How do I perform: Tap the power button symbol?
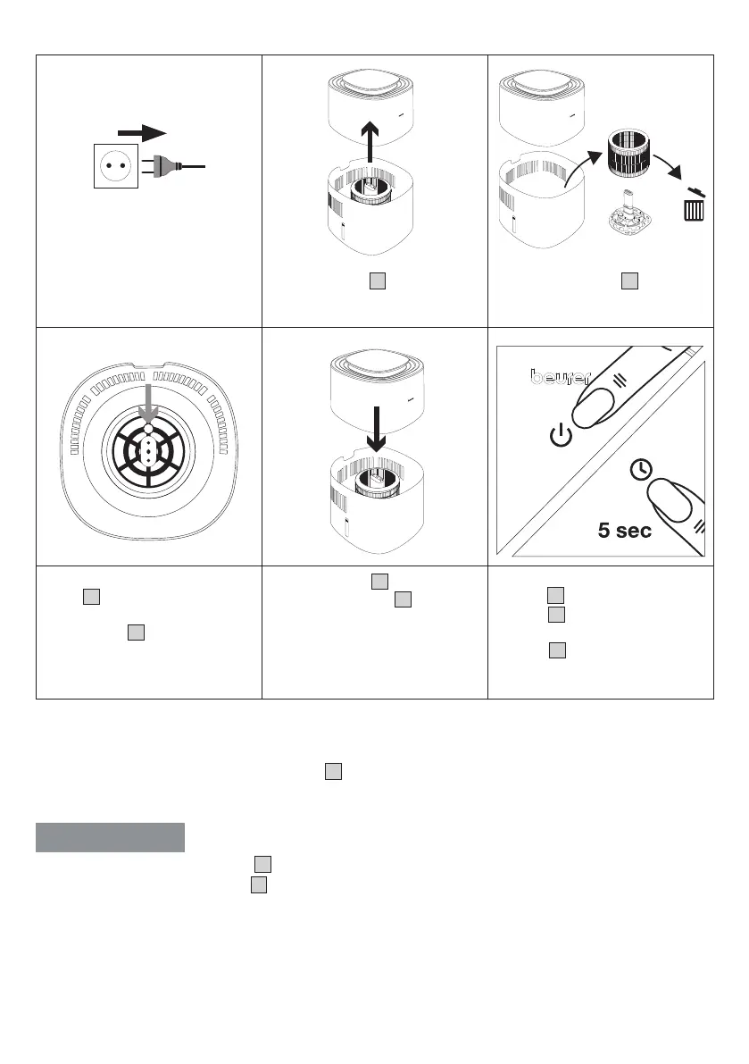559,437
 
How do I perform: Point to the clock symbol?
638,466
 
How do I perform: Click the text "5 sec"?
625,530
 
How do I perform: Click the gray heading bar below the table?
110,838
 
